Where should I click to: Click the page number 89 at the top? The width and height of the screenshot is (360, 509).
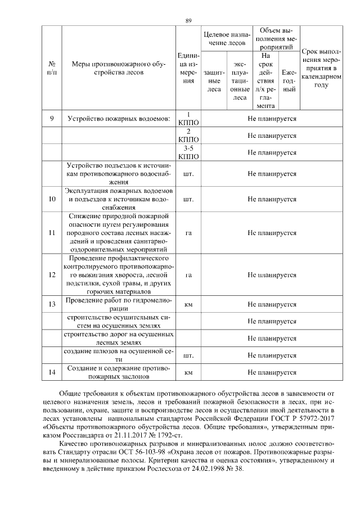(188, 21)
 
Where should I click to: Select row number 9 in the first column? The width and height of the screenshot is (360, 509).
(52, 119)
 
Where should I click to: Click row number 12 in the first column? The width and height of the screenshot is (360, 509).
(52, 275)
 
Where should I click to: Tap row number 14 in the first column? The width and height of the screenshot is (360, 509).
(52, 372)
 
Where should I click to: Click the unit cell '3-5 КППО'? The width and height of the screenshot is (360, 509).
(189, 152)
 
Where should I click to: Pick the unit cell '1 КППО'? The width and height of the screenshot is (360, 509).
(189, 119)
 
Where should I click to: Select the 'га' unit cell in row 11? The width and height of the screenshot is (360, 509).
(189, 233)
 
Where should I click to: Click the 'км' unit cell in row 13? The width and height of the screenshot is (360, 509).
(189, 304)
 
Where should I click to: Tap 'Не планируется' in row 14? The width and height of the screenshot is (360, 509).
(272, 372)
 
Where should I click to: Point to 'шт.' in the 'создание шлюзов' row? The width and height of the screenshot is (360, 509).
(189, 355)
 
